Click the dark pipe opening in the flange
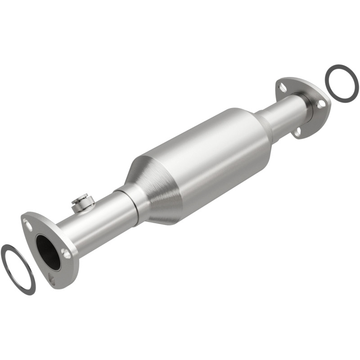click(48, 252)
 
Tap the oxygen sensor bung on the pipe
click(81, 202)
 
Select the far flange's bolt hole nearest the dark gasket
click(320, 104)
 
